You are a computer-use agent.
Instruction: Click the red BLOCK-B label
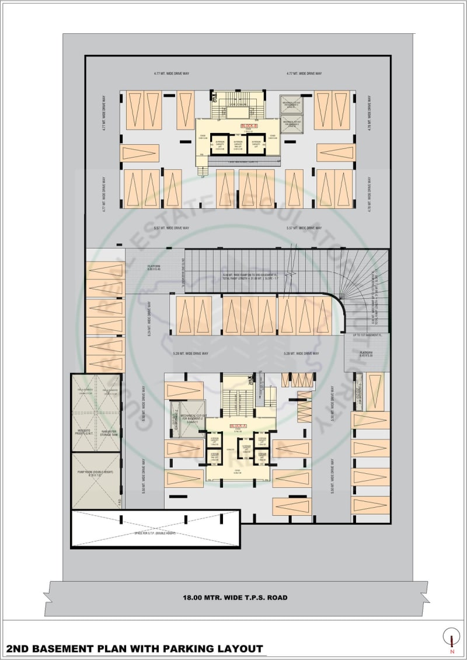(245, 126)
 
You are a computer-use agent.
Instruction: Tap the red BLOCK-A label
(238, 427)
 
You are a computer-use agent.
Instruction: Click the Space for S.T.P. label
(155, 533)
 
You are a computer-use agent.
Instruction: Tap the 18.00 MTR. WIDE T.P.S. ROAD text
(235, 598)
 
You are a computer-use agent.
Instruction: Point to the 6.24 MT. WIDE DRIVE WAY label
(150, 319)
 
